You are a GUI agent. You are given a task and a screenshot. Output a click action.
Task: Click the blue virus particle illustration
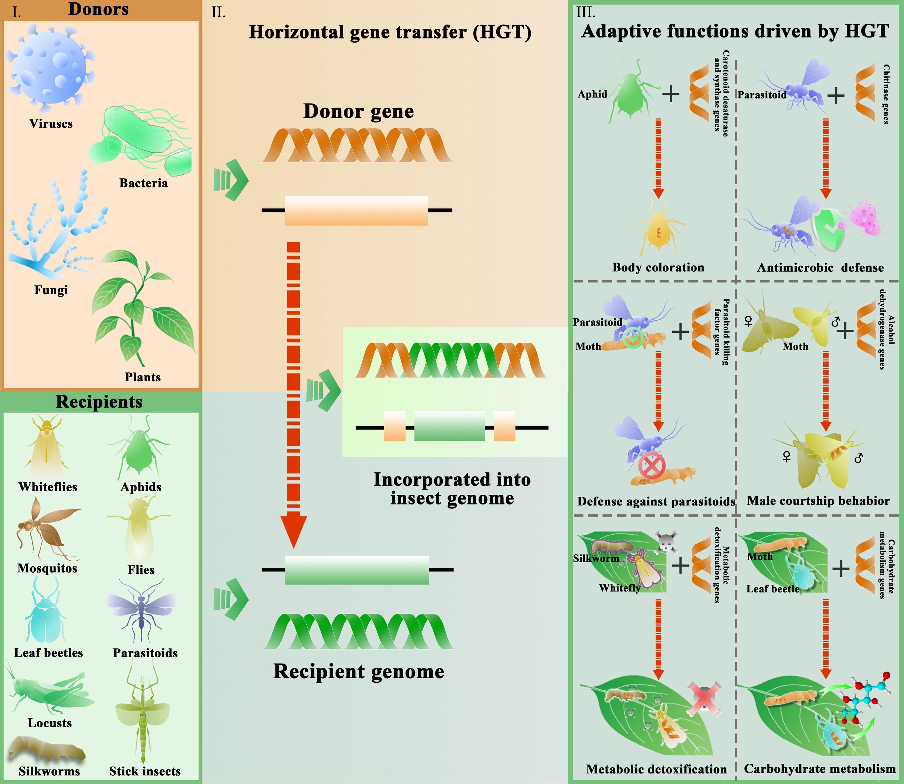[x=50, y=66]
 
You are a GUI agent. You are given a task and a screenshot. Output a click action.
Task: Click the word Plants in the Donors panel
[x=143, y=377]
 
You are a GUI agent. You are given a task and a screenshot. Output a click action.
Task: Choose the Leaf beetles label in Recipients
[x=48, y=653]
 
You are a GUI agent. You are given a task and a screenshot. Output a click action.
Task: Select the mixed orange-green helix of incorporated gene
[x=451, y=360]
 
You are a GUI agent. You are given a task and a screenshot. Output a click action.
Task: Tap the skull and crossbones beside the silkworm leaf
[x=666, y=543]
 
